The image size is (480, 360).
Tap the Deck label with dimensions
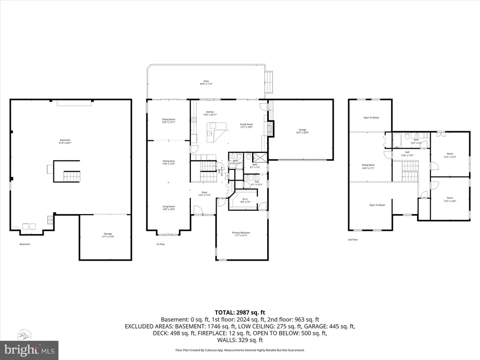pyautogui.click(x=206, y=82)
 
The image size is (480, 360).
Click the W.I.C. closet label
pyautogui.click(x=246, y=201)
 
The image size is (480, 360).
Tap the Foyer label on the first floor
pyautogui.click(x=204, y=193)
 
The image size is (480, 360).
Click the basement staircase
pyautogui.click(x=72, y=177)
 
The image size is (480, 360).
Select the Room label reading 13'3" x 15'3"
pyautogui.click(x=450, y=155)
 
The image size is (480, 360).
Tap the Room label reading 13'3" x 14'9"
pyautogui.click(x=450, y=200)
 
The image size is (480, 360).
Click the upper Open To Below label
pyautogui.click(x=371, y=118)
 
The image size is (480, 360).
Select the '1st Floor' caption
pyautogui.click(x=161, y=244)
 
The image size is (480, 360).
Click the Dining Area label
pyautogui.click(x=169, y=162)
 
